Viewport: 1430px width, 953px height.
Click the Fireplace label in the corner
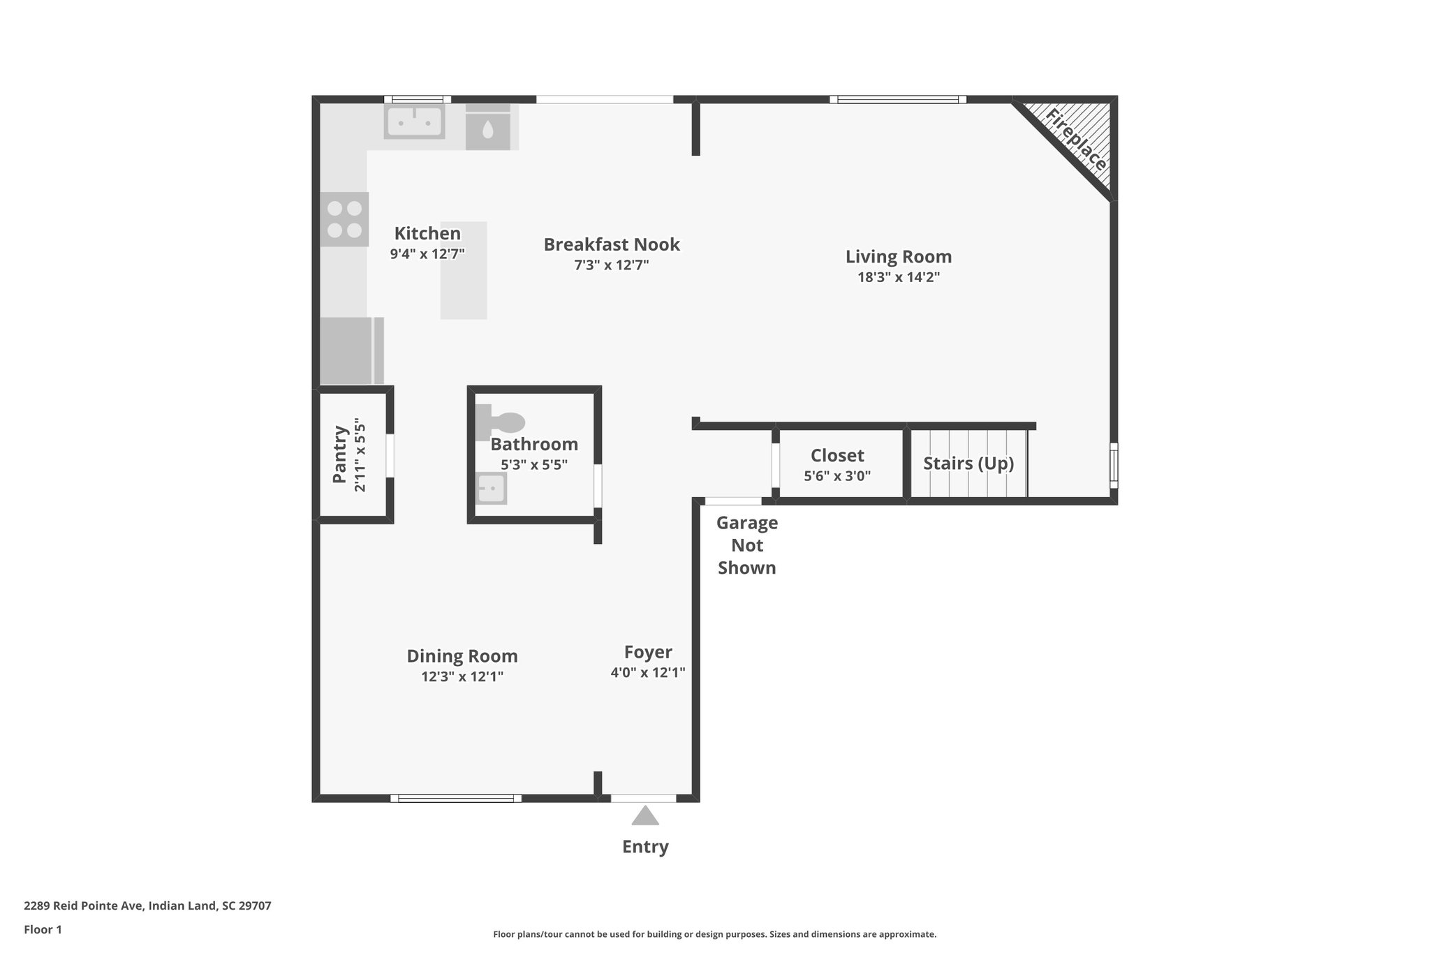click(x=1076, y=140)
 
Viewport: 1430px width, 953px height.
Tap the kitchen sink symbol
click(x=414, y=121)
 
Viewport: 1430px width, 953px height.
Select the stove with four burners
click(x=344, y=219)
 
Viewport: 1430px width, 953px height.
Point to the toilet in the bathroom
click(x=501, y=422)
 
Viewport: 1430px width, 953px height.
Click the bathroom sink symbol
click(x=491, y=488)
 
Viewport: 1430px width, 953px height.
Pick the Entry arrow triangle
click(x=645, y=816)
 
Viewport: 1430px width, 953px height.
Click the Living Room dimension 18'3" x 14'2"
click(x=899, y=277)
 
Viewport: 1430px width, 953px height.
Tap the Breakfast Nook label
click(x=612, y=244)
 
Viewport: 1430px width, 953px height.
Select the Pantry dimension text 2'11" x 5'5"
click(x=360, y=455)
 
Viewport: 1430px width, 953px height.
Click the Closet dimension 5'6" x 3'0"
click(x=837, y=476)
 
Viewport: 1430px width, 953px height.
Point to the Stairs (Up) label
click(x=968, y=464)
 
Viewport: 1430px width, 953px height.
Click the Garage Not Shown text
click(x=747, y=545)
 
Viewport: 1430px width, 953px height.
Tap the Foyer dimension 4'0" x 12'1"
click(x=648, y=672)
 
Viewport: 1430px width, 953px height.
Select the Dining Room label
click(x=462, y=656)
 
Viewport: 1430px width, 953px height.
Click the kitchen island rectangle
click(x=464, y=271)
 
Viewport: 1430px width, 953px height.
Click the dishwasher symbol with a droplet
click(x=488, y=128)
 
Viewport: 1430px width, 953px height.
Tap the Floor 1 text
click(x=43, y=929)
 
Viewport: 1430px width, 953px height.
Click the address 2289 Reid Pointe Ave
click(x=147, y=906)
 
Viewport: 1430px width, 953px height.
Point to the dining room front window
click(x=456, y=798)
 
